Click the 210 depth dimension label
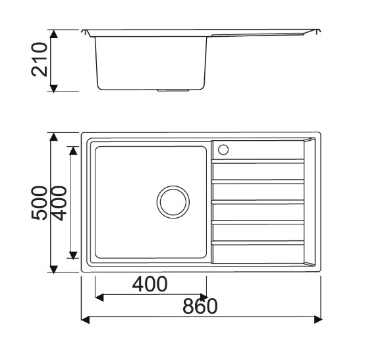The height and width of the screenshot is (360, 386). point(40,59)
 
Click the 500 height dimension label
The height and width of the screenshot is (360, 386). point(40,203)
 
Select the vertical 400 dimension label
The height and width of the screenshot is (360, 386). point(59,203)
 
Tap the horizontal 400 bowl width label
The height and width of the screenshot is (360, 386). point(150,284)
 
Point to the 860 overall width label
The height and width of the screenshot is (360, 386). point(200,306)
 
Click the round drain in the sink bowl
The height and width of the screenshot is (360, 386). point(173,202)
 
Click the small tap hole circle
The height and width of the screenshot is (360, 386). point(223,149)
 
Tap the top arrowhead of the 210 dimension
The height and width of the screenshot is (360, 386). point(53,34)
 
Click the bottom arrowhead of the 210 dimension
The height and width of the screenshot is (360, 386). point(53,89)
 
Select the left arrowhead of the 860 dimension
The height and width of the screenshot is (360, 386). point(85,320)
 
